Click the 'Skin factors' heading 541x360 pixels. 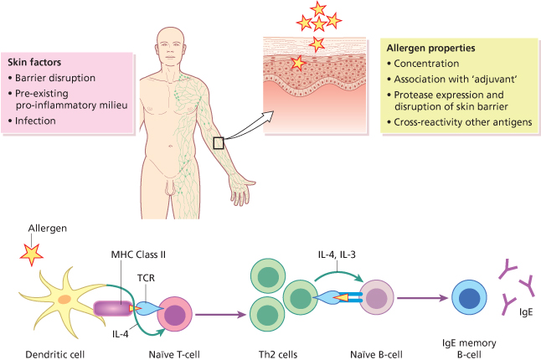33,62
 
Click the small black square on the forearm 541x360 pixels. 219,143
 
